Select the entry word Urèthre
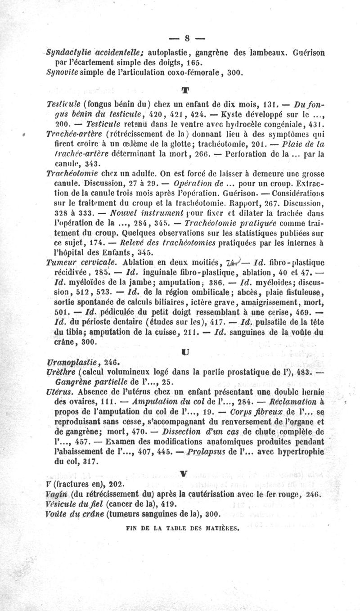pos(61,372)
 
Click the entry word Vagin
pos(57,494)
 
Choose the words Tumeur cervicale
pos(81,262)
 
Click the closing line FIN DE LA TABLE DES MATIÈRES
pos(182,529)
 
